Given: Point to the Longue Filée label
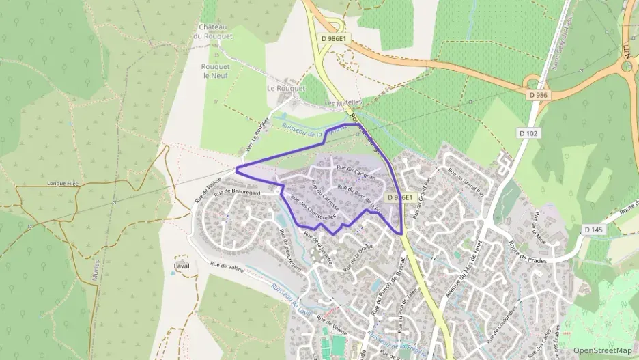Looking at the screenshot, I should point(63,183).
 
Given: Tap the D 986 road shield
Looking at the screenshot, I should point(538,95).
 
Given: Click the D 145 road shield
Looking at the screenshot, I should point(594,230).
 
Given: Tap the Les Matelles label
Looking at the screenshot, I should point(341,103).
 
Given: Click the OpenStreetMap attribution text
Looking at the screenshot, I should point(601,350).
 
